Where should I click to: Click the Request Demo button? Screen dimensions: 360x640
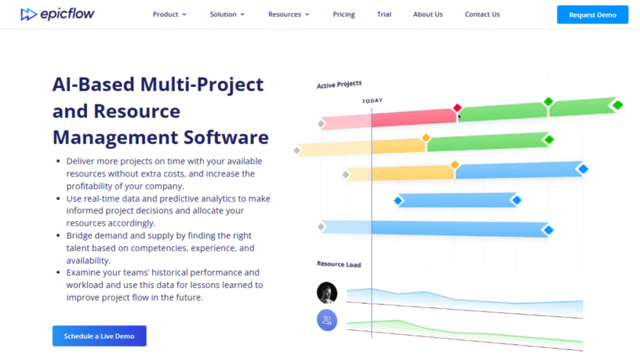click(592, 14)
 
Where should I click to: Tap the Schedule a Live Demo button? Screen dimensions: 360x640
click(99, 336)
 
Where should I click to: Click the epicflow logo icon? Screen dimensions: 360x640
click(29, 14)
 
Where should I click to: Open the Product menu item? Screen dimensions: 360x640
click(169, 14)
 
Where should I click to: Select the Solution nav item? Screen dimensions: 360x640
click(227, 14)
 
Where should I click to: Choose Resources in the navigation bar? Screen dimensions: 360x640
click(289, 14)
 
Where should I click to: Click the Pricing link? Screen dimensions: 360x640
click(344, 14)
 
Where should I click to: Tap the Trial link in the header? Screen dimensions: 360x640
click(384, 14)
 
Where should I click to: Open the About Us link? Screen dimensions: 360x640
click(428, 14)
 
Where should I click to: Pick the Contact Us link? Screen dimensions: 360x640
click(482, 14)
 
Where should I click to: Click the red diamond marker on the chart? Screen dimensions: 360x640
click(457, 107)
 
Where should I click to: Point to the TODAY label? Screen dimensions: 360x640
click(372, 100)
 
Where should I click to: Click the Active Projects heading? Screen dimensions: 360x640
click(339, 84)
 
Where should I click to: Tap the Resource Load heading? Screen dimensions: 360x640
click(339, 264)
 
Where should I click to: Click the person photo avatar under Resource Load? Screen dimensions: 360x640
click(327, 292)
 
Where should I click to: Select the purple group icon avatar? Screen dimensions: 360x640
click(327, 320)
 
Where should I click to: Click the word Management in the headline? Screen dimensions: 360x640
click(113, 137)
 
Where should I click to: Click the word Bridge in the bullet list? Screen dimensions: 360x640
click(80, 236)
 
